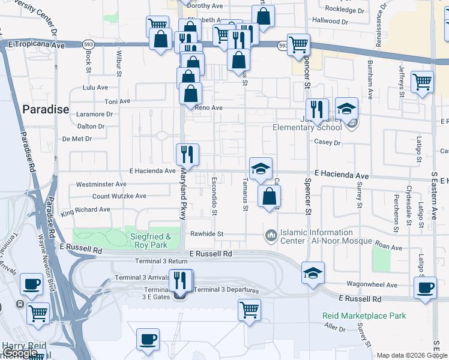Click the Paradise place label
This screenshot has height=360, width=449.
click(x=46, y=109)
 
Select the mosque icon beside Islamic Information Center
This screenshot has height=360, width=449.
click(x=271, y=234)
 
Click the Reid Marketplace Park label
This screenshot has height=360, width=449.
click(x=364, y=316)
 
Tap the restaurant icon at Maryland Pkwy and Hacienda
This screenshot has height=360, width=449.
click(x=187, y=154)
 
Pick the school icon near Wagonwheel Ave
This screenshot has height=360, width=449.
click(x=313, y=272)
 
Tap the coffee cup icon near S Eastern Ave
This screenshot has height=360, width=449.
click(x=426, y=287)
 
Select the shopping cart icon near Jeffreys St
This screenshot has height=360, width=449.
click(x=423, y=81)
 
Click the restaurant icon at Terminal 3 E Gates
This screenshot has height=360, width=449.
click(x=181, y=280)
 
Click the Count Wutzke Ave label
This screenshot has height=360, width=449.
click(x=119, y=196)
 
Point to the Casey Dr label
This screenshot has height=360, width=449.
click(x=327, y=143)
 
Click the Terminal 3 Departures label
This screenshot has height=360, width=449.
click(x=226, y=290)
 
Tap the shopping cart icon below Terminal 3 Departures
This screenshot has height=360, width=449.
click(x=249, y=310)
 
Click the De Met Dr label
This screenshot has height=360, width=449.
click(x=77, y=139)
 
